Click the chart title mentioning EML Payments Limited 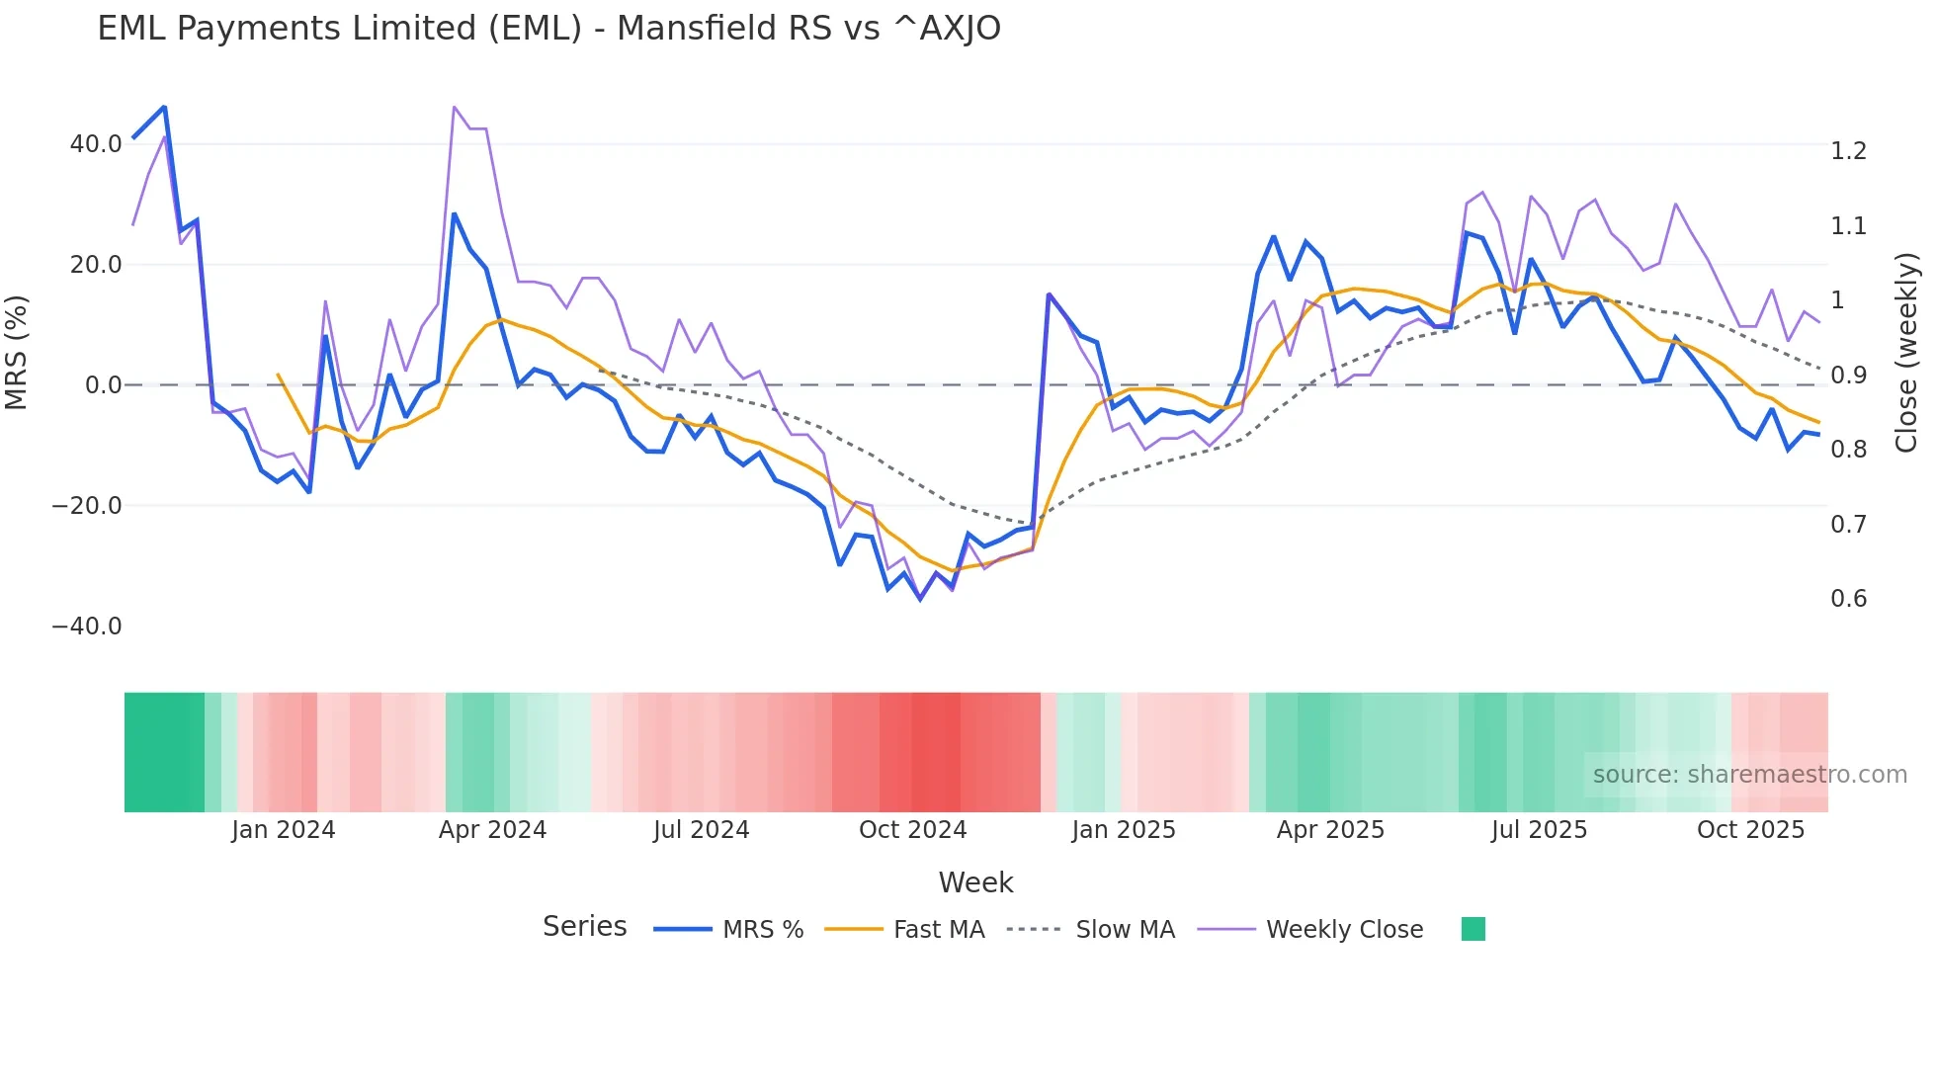click(x=548, y=29)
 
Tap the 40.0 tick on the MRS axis click(x=96, y=144)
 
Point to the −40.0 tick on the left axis click(x=87, y=627)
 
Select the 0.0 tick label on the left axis click(x=103, y=385)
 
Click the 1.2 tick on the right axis click(x=1848, y=151)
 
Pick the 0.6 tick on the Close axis click(x=1848, y=599)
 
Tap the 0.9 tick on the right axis click(x=1848, y=376)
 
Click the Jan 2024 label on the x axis click(x=284, y=830)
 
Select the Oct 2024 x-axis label click(x=912, y=830)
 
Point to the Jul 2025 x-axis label click(x=1539, y=830)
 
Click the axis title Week click(x=975, y=882)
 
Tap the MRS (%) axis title click(x=17, y=353)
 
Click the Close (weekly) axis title click(x=1906, y=353)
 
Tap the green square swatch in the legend click(x=1473, y=929)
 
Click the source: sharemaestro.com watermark click(x=1749, y=775)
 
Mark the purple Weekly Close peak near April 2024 click(x=454, y=107)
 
